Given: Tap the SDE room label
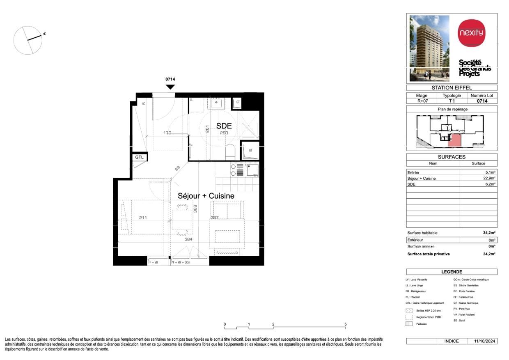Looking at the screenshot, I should tap(224, 126).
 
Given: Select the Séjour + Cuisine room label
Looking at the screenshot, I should tap(206, 196).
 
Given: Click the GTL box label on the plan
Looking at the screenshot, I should tap(139, 157).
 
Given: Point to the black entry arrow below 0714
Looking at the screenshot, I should tap(170, 87).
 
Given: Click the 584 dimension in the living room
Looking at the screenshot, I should tap(188, 239).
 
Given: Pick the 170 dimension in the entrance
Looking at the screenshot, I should tap(167, 133).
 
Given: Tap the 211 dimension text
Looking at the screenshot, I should tap(143, 218).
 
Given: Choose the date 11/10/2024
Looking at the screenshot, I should tap(485, 341).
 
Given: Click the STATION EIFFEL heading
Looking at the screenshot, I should tap(452, 87).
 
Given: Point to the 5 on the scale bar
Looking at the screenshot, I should tap(346, 324).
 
